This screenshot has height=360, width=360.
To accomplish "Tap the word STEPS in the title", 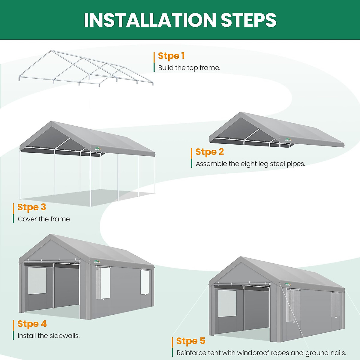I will [x=248, y=20].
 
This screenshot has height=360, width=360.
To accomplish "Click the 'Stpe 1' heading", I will [x=171, y=56].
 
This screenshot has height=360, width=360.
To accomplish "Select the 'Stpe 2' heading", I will [x=209, y=152].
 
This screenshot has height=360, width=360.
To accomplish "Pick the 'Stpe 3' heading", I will [x=31, y=207].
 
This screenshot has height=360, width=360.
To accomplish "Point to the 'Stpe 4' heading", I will [x=32, y=324].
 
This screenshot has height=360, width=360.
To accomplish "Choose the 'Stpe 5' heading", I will [x=190, y=341].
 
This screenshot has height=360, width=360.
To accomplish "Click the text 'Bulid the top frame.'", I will [x=189, y=68].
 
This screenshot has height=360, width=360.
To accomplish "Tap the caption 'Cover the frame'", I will [x=44, y=219].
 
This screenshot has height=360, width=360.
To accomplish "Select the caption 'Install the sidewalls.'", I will [x=49, y=336].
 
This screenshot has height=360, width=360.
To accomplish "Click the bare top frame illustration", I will [x=85, y=69].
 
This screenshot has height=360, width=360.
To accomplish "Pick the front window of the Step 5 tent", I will [x=227, y=303].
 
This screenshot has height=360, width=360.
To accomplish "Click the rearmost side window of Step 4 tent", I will [x=145, y=282].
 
